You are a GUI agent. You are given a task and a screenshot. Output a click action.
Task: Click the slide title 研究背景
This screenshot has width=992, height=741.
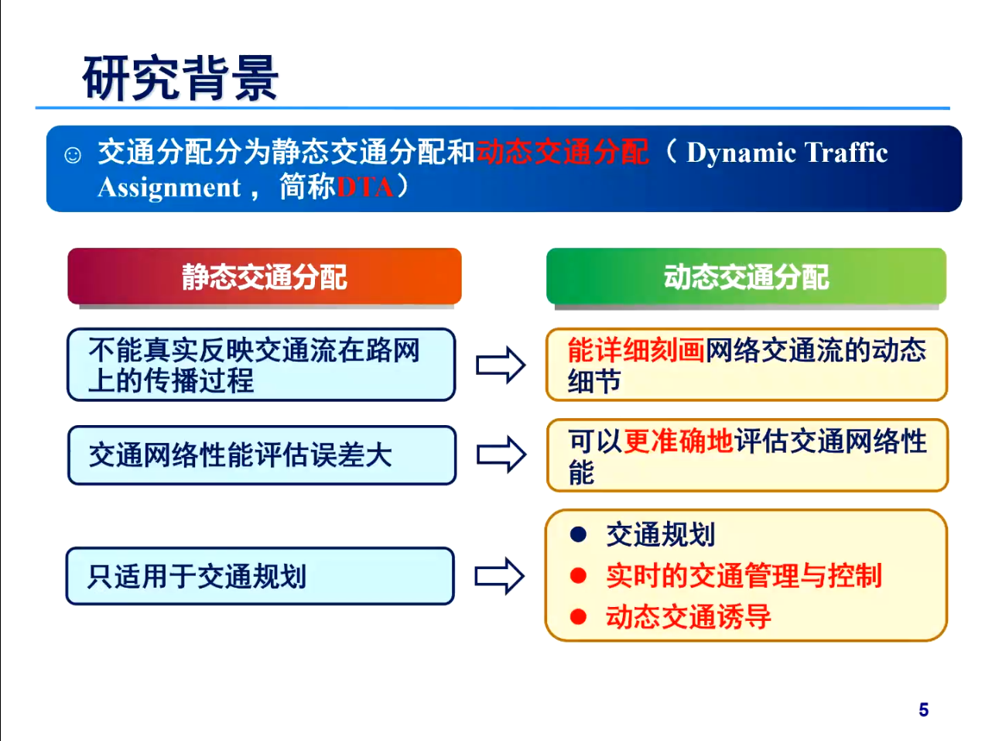(x=180, y=78)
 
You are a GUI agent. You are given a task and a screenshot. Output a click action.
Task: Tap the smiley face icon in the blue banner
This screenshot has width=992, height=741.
(x=73, y=155)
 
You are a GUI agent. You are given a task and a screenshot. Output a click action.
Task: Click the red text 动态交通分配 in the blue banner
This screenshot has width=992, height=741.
(x=562, y=152)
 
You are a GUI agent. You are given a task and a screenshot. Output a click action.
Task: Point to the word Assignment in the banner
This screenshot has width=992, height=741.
(x=169, y=187)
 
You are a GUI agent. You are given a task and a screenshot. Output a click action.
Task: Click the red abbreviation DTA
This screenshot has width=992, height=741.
(x=365, y=187)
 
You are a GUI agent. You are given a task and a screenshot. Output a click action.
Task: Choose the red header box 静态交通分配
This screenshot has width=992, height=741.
(x=264, y=276)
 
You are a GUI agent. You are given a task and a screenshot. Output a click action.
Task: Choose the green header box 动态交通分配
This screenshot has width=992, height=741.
(x=746, y=276)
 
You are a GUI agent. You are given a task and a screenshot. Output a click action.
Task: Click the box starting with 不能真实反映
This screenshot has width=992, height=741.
(x=261, y=365)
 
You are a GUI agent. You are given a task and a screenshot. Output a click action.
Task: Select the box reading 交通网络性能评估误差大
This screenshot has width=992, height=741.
(x=261, y=455)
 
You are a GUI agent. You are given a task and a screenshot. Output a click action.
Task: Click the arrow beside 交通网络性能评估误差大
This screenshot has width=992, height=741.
(x=501, y=455)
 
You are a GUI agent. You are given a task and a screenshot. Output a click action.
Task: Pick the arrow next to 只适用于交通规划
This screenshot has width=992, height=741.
(x=499, y=576)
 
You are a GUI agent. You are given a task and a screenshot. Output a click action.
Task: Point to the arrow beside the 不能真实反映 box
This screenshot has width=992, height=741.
(x=501, y=365)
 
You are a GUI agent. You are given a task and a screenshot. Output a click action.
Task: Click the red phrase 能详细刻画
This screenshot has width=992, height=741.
(x=635, y=350)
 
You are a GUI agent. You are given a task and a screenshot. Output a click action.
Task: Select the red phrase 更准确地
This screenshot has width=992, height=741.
(x=678, y=441)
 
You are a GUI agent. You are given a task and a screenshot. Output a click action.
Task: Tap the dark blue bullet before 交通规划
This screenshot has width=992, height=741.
(x=578, y=534)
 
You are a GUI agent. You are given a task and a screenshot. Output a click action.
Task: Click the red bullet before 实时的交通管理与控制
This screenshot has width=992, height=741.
(x=578, y=575)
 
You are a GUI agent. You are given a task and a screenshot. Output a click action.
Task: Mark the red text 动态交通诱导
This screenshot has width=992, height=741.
(x=688, y=617)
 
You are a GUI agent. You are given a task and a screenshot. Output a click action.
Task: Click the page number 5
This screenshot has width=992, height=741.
(x=923, y=710)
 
